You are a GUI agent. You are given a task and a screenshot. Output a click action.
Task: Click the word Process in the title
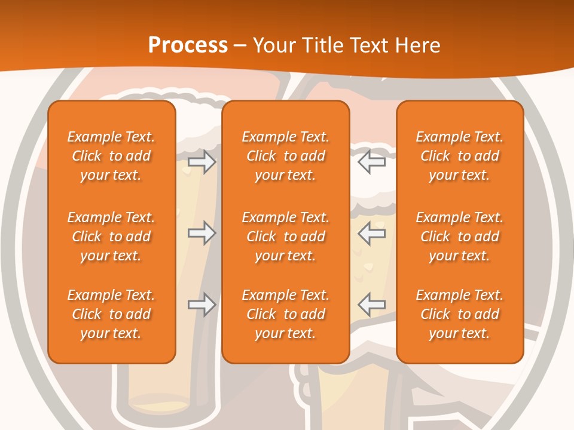point(188,45)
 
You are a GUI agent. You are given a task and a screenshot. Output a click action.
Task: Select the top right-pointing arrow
point(201,161)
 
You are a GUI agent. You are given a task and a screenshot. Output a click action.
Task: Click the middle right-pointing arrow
point(201,232)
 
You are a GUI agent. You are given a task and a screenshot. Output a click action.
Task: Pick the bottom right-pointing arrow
point(201,305)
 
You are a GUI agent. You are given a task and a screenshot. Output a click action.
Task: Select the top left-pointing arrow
point(372,161)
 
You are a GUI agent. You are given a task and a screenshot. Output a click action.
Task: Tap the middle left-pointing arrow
point(372,232)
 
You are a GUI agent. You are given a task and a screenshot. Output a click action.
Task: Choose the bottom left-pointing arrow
point(372,305)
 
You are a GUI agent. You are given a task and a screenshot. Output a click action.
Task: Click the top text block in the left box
point(111,156)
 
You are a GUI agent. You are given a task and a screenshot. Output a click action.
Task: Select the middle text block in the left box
point(111,236)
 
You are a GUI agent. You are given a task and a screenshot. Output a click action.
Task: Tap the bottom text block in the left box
point(111,314)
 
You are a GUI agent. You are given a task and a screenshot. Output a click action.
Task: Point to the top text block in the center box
point(285,156)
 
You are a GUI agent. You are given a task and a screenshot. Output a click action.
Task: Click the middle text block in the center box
point(285,236)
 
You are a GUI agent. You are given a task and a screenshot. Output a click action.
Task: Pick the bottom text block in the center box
point(285,314)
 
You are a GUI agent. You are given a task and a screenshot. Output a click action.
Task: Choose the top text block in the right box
point(460,156)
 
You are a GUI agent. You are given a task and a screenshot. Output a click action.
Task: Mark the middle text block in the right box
point(460,236)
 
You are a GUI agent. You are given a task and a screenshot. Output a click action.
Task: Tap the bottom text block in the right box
point(460,314)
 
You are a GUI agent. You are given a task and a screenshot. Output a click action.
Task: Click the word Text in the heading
point(371,45)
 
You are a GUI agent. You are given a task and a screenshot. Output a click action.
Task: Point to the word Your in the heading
point(274,45)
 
